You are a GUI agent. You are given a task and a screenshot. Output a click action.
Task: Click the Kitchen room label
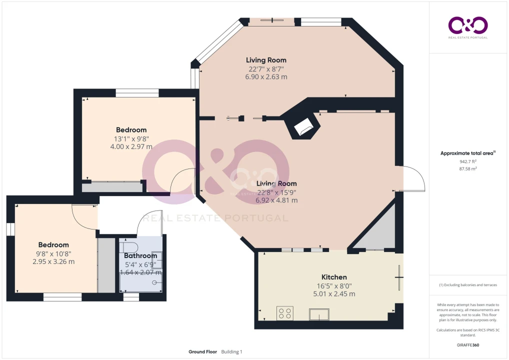pyautogui.click(x=334, y=277)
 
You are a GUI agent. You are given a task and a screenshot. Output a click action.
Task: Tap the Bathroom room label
pyautogui.click(x=140, y=256)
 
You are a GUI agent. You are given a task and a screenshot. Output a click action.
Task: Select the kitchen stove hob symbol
pyautogui.click(x=285, y=313)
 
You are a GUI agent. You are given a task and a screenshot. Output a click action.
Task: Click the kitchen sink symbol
pyautogui.click(x=319, y=314)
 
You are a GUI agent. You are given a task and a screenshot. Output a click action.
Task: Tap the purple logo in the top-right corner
pyautogui.click(x=468, y=25)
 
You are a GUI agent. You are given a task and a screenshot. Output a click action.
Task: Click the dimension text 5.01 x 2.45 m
pyautogui.click(x=334, y=294)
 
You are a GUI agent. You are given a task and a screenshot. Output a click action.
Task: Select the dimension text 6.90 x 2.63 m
pyautogui.click(x=266, y=77)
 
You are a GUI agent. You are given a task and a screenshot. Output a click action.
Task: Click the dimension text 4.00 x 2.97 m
pyautogui.click(x=131, y=146)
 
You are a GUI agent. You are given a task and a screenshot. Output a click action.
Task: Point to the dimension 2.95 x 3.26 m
pyautogui.click(x=53, y=261)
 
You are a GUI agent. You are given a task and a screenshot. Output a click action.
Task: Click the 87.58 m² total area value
pyautogui.click(x=468, y=169)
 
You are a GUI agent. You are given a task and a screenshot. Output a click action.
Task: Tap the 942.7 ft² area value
pyautogui.click(x=468, y=161)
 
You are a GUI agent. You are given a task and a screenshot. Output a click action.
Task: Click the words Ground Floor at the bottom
pyautogui.click(x=202, y=352)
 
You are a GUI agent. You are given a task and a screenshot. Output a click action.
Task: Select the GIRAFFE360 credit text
pyautogui.click(x=468, y=345)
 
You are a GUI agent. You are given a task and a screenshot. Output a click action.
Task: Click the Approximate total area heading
pyautogui.click(x=468, y=153)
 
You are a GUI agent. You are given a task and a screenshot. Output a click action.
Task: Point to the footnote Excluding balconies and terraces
pyautogui.click(x=468, y=285)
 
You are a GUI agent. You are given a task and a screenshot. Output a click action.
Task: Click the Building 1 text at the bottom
pyautogui.click(x=232, y=352)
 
